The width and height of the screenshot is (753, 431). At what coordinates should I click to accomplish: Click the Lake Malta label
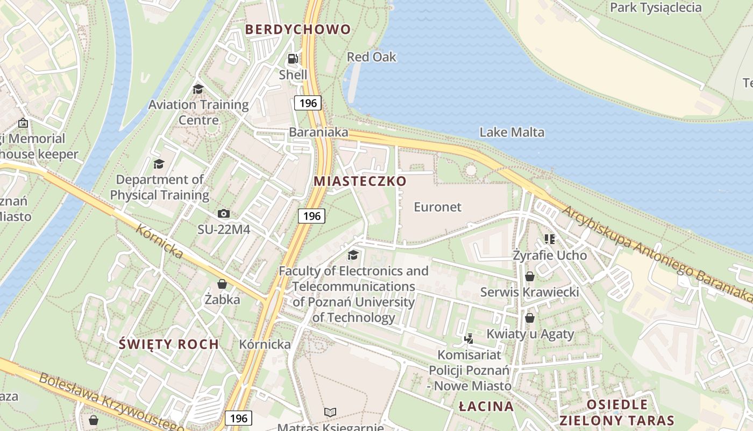(x=512, y=132)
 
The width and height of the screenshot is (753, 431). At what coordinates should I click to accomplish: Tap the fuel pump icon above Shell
(x=293, y=59)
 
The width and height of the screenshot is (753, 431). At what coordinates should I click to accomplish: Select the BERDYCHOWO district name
(x=298, y=30)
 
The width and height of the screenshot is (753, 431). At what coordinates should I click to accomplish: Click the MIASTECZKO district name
(x=360, y=181)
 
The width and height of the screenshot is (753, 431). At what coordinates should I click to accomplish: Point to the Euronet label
(x=437, y=207)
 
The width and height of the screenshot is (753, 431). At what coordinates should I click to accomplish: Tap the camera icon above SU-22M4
(x=224, y=214)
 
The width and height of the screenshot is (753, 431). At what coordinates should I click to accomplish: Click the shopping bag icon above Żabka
(x=222, y=284)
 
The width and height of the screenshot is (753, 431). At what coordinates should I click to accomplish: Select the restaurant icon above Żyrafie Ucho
(x=549, y=239)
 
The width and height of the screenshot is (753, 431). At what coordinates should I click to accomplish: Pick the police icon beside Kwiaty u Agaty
(x=469, y=338)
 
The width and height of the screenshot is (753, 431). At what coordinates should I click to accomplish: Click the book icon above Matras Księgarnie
(x=330, y=412)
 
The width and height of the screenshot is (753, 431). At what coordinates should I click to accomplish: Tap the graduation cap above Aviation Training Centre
(x=198, y=89)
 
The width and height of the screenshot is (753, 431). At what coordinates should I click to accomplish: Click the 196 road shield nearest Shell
(x=308, y=102)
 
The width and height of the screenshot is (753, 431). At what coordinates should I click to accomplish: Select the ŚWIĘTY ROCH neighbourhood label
(x=169, y=344)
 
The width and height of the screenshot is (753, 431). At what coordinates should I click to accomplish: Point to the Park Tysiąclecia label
(x=656, y=8)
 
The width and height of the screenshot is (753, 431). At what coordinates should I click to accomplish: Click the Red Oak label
(x=371, y=57)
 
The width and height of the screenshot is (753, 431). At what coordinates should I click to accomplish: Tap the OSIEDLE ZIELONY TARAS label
(x=616, y=413)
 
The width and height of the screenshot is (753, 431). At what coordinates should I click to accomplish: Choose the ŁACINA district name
(x=486, y=407)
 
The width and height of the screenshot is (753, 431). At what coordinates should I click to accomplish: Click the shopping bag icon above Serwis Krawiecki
(x=530, y=276)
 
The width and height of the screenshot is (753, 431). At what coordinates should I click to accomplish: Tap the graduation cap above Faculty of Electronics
(x=353, y=255)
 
